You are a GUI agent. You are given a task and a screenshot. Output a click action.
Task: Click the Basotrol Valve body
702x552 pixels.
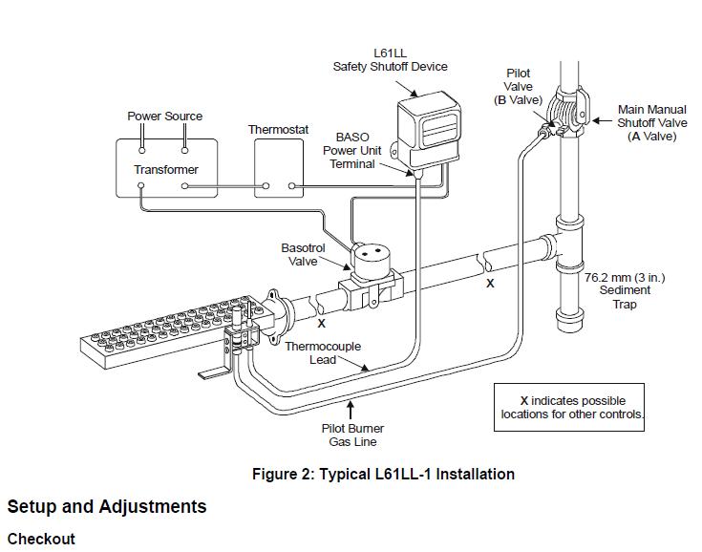pyautogui.click(x=371, y=278)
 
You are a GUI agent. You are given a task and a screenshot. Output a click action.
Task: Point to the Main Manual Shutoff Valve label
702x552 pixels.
pyautogui.click(x=651, y=122)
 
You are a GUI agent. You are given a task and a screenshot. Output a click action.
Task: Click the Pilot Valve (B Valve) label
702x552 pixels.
pyautogui.click(x=518, y=86)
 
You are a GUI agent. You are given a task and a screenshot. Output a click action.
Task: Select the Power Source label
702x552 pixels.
pyautogui.click(x=164, y=117)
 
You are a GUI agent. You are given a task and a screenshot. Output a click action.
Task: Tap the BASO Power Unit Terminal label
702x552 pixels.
pyautogui.click(x=351, y=151)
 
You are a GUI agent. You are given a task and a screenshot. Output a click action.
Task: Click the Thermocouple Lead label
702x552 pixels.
pyautogui.click(x=323, y=352)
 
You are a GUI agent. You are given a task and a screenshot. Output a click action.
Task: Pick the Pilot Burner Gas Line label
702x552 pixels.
pyautogui.click(x=352, y=435)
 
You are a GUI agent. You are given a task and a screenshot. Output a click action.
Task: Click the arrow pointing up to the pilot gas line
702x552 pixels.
pyautogui.click(x=351, y=410)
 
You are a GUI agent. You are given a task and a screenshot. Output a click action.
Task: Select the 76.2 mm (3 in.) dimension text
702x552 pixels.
pyautogui.click(x=625, y=278)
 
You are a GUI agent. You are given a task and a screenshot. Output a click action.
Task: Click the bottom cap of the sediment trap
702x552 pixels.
pyautogui.click(x=569, y=320)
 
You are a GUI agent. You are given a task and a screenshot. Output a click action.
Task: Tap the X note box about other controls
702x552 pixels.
pyautogui.click(x=569, y=407)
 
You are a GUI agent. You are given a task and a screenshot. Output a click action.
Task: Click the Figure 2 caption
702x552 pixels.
pyautogui.click(x=383, y=474)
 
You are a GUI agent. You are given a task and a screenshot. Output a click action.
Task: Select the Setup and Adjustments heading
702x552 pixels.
pyautogui.click(x=107, y=507)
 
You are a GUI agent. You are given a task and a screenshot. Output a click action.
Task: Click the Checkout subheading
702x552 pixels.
pyautogui.click(x=41, y=539)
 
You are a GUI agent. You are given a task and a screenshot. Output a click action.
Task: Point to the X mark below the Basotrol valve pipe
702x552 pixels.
pyautogui.click(x=322, y=323)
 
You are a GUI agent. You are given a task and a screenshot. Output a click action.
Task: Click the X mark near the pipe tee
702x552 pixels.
pyautogui.click(x=490, y=284)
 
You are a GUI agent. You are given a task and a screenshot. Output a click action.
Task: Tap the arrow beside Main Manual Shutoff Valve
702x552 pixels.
pyautogui.click(x=602, y=120)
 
